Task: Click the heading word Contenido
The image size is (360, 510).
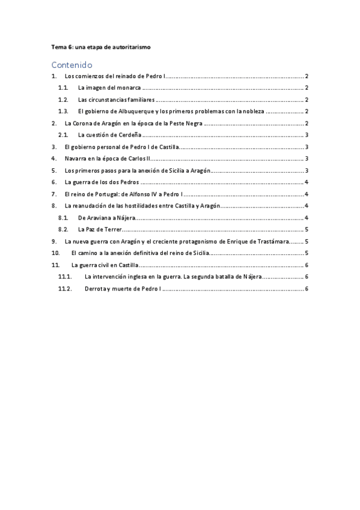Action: pyautogui.click(x=72, y=64)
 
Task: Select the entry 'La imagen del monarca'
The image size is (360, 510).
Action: pyautogui.click(x=105, y=88)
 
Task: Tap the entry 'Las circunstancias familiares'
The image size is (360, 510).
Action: pyautogui.click(x=117, y=100)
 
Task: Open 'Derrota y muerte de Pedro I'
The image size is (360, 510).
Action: pyautogui.click(x=123, y=289)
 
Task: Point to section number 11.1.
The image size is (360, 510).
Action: pyautogui.click(x=65, y=277)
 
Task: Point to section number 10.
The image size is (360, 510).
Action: pyautogui.click(x=56, y=253)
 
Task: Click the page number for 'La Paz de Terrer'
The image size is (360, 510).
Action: pyautogui.click(x=307, y=229)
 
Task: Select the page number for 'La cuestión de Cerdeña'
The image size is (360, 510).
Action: pyautogui.click(x=307, y=135)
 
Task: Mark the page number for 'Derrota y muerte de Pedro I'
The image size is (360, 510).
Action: pyautogui.click(x=307, y=289)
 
